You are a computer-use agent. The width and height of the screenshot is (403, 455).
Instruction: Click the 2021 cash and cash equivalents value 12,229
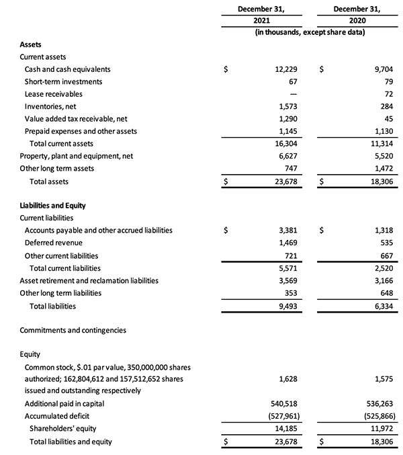pos(286,69)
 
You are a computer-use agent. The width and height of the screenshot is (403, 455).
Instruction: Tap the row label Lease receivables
pos(54,94)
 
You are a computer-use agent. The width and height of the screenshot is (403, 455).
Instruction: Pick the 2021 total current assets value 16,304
pos(287,143)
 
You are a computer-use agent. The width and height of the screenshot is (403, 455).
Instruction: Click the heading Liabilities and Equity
pos(52,206)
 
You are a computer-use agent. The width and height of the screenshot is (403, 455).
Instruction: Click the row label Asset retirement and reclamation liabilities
pos(89,280)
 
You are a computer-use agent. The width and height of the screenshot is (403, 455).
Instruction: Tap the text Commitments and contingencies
pos(73,331)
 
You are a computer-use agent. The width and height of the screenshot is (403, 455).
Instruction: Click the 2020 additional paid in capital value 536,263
pos(379,403)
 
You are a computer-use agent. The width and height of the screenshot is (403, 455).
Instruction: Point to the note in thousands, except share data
pos(310,33)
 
